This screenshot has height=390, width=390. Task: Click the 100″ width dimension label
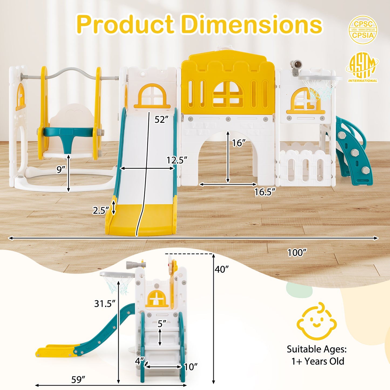pos(297,253)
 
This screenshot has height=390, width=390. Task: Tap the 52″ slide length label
pos(161,119)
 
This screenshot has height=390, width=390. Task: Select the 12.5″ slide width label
pos(177,160)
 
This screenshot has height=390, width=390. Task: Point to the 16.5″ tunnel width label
pos(265,192)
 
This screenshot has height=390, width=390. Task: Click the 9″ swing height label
pos(61,169)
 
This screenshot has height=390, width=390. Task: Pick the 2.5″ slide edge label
pos(101,210)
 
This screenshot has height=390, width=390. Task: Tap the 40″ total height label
pos(222,269)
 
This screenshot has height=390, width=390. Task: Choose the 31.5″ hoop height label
pos(105,304)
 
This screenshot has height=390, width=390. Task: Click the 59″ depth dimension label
pos(78,379)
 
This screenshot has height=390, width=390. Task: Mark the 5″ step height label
pos(162,324)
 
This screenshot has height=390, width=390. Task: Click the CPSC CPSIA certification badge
pos(363,30)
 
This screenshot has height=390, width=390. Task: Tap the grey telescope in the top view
pos(296,65)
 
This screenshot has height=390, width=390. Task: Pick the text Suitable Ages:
pos(317,349)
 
